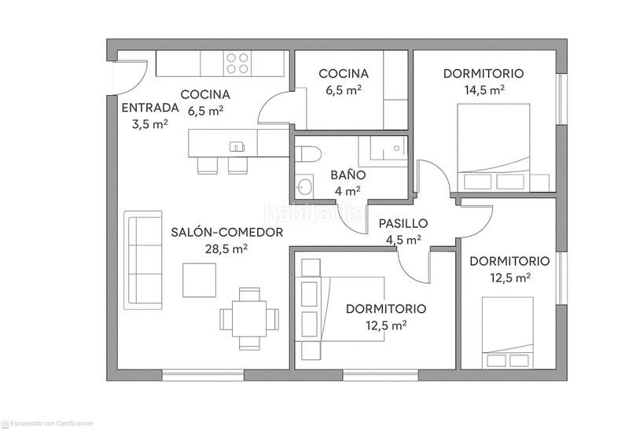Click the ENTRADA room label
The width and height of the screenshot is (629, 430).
[x=144, y=108]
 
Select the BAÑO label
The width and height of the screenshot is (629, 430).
[x=347, y=175]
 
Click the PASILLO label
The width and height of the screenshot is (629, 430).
[x=403, y=224]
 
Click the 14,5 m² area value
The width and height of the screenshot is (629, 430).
[x=483, y=90]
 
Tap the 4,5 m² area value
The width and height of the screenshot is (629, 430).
[x=403, y=240]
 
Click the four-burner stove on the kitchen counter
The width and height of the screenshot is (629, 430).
[x=237, y=63]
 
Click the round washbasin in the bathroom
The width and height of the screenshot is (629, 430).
[x=305, y=187]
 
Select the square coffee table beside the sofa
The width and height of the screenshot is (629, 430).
[x=200, y=280]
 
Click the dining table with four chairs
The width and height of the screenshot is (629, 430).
[x=249, y=319]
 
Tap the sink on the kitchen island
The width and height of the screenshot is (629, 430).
[x=237, y=146]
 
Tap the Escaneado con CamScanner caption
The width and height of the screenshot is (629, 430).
[x=52, y=423]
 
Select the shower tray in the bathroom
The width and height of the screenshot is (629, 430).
[x=382, y=149]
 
